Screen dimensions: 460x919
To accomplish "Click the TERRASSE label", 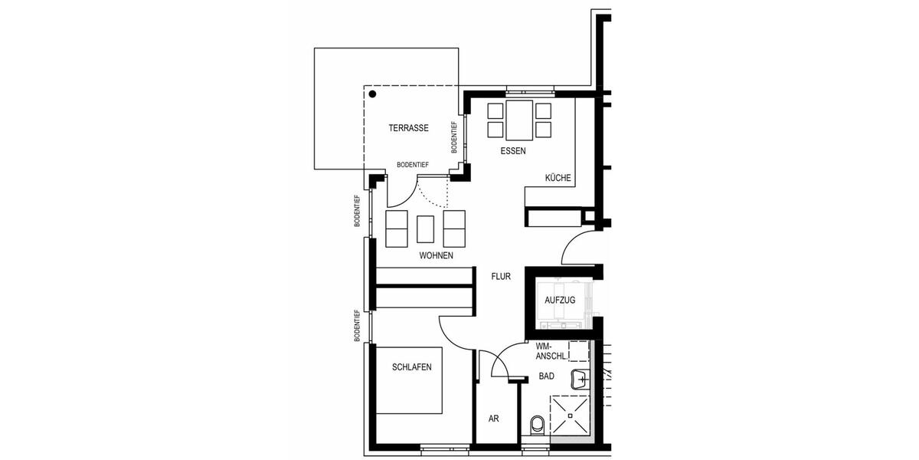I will (x=407, y=128).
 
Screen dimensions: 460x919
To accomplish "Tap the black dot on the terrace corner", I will (x=372, y=95).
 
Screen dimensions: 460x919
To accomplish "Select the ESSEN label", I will (x=512, y=151).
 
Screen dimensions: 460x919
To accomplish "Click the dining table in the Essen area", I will (x=519, y=119).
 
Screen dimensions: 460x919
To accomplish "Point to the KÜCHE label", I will (x=558, y=178).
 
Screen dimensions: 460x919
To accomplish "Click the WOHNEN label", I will (x=436, y=255).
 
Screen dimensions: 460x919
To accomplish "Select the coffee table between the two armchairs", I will (x=426, y=228).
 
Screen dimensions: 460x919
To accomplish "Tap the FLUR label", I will (x=501, y=276).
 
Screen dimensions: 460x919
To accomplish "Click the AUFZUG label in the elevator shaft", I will (x=559, y=300).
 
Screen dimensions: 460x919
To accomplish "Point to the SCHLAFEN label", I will (x=411, y=367).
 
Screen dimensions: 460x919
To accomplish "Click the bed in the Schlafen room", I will (x=407, y=383).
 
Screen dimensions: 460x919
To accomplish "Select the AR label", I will (x=494, y=419).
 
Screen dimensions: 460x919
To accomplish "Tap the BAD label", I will (x=546, y=376).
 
